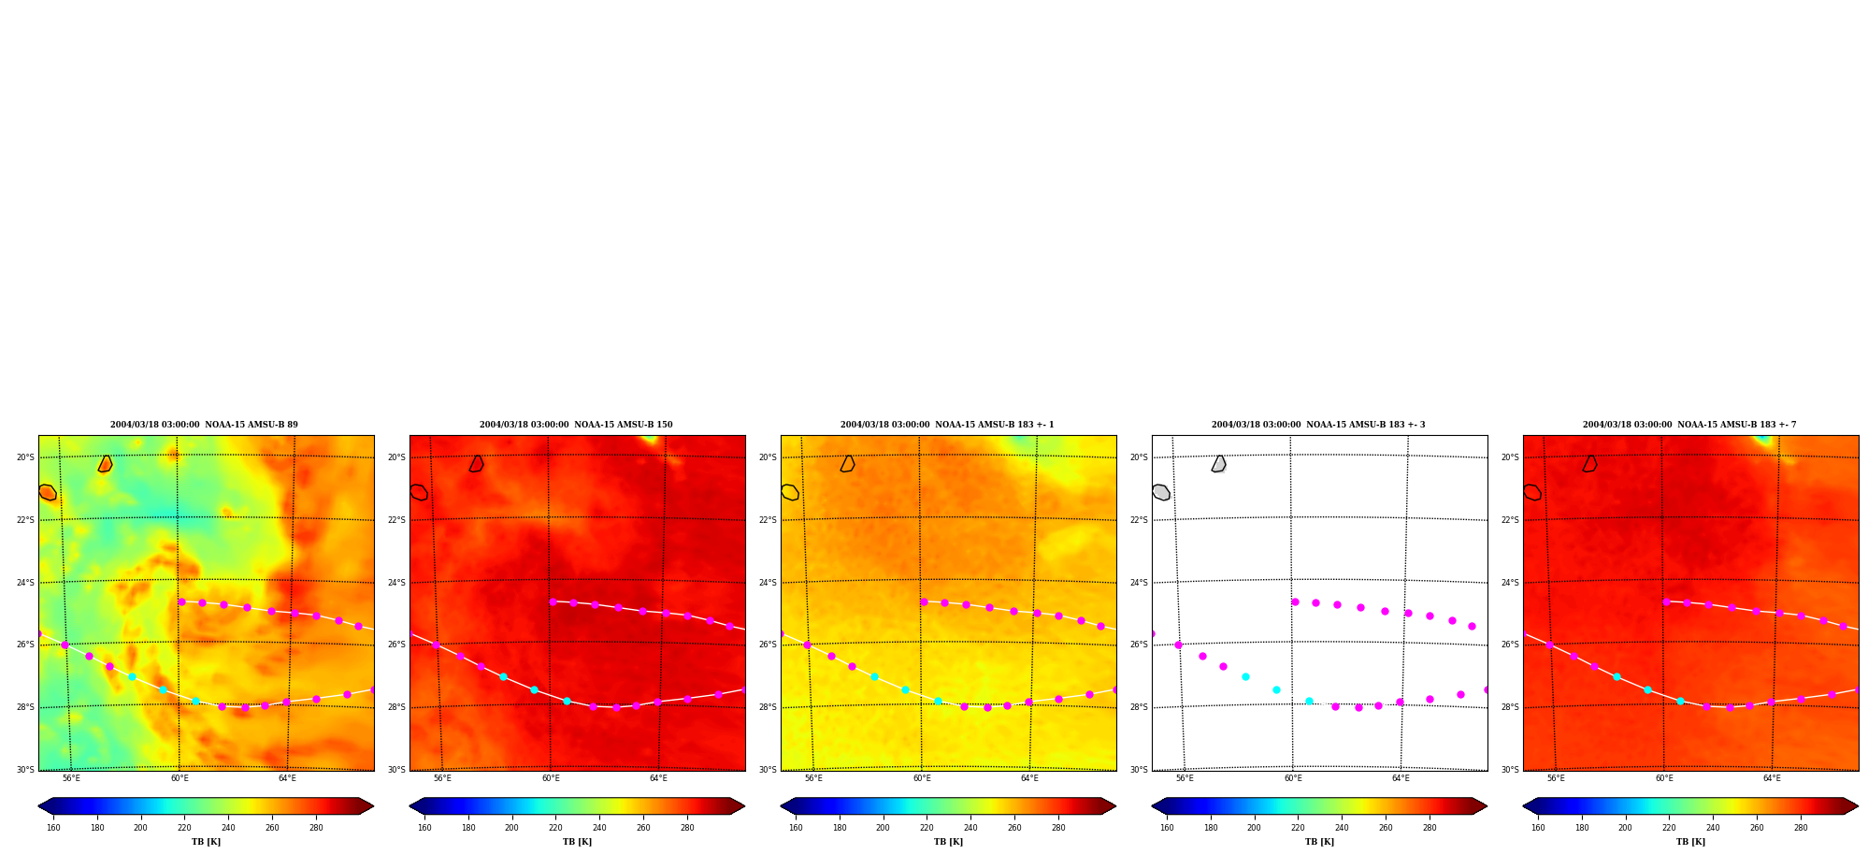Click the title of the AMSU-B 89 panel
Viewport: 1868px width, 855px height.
[x=204, y=425]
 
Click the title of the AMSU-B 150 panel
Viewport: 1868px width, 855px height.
[x=576, y=425]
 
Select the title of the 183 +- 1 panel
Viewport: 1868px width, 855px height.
[x=947, y=425]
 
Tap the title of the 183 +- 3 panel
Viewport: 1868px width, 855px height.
[x=1318, y=425]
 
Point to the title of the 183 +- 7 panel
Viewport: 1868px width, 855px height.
[x=1689, y=425]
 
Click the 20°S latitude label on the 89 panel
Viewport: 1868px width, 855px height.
[x=25, y=457]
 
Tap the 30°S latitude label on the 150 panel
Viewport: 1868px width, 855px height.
[x=396, y=770]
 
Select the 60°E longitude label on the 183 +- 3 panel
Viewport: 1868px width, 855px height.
[x=1293, y=778]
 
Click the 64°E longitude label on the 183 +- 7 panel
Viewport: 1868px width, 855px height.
[x=1772, y=778]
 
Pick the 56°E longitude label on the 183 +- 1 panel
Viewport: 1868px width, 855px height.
[x=813, y=778]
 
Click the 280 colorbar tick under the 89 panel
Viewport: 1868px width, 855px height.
[x=316, y=828]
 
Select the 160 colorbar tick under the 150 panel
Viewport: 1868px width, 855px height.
[x=424, y=828]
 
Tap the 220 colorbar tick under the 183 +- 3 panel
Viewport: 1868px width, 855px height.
[x=1298, y=828]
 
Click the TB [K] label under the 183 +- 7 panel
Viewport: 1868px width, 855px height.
[x=1690, y=842]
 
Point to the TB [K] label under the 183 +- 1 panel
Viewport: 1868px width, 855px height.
[x=948, y=842]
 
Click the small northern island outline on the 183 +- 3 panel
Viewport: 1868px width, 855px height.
[x=1218, y=464]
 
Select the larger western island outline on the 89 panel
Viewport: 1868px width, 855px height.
[x=48, y=492]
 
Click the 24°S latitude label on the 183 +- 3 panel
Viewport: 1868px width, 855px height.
[x=1139, y=583]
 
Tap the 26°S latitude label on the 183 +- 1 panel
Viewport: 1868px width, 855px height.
[x=768, y=645]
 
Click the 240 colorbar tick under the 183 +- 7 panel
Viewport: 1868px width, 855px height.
[x=1713, y=828]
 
